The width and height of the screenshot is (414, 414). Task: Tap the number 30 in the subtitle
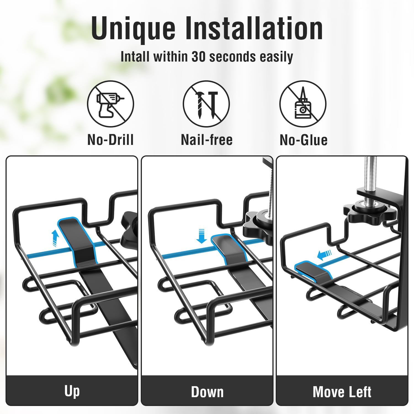pos(199,57)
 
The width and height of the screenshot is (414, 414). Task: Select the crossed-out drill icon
pos(110,104)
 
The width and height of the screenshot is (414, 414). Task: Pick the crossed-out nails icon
pos(206,104)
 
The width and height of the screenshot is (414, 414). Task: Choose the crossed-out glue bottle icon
pos(303,104)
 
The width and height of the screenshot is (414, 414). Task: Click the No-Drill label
pos(110,140)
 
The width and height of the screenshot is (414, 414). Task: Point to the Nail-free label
pos(207,140)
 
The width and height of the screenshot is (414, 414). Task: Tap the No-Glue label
pos(304,140)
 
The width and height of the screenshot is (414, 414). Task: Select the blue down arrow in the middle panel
pos(202,236)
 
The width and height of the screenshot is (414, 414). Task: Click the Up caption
pos(72,391)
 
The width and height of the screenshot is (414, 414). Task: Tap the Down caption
pos(207,392)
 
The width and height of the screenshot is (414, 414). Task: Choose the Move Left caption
pos(342,392)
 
